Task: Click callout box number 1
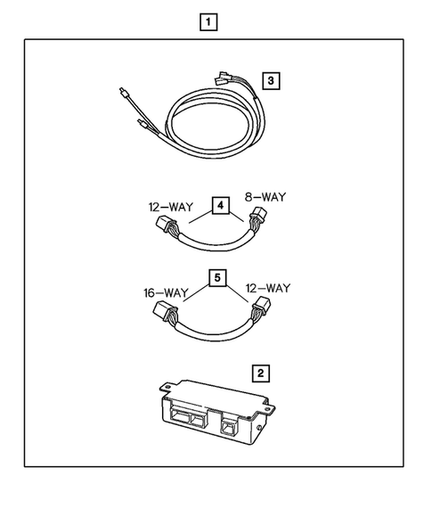(208, 21)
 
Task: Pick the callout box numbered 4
(218, 208)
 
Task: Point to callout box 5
(216, 278)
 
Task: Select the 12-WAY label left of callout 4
(169, 207)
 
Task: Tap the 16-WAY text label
(166, 291)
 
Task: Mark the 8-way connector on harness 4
(261, 218)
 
